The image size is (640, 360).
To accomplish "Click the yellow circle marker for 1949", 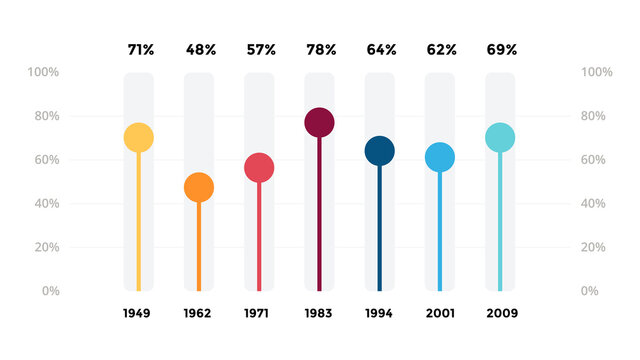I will point(139,138).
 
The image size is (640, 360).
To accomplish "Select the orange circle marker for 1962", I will point(199,187).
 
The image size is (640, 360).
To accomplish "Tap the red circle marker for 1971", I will point(259,168).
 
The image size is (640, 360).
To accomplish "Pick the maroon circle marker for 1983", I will point(319,122).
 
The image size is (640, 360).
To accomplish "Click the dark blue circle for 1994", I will point(379,151).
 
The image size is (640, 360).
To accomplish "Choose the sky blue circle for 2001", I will point(439,157).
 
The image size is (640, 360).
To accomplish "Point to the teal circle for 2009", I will point(500,138).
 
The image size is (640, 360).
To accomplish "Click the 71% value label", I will point(140,49).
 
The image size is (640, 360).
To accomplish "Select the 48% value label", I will point(200,49).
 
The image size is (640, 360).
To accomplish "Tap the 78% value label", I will point(320,49).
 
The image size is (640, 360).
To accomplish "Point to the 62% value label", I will point(440,49).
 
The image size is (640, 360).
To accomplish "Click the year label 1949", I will point(137,314).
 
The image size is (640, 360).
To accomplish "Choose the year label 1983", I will point(319,314).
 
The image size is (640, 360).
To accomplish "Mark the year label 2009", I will point(502,314).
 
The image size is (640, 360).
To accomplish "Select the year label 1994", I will point(379,314).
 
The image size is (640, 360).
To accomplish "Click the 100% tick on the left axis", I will point(42,73).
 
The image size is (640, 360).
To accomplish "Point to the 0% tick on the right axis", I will point(589,291).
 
